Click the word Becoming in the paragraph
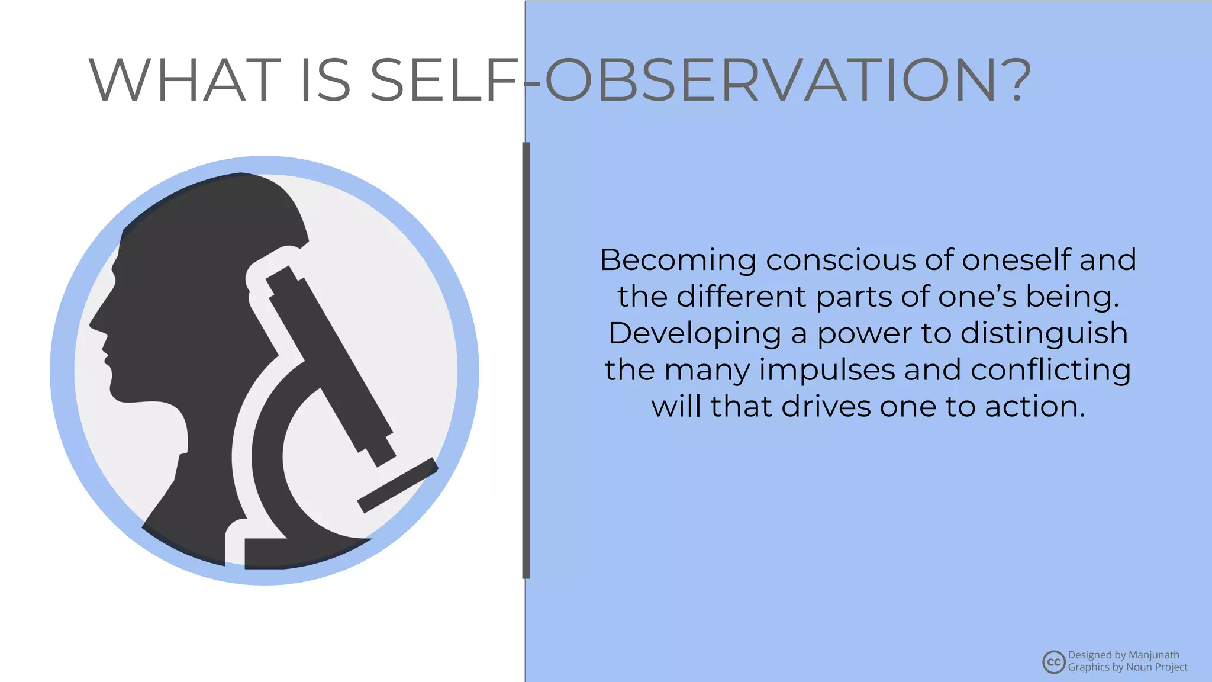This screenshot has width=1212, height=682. (x=678, y=260)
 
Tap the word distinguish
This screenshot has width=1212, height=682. (x=1044, y=334)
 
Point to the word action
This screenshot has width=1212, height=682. (x=1035, y=407)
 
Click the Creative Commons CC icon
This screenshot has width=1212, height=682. (x=1053, y=662)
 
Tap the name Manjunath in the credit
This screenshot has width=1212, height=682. (x=1153, y=655)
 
